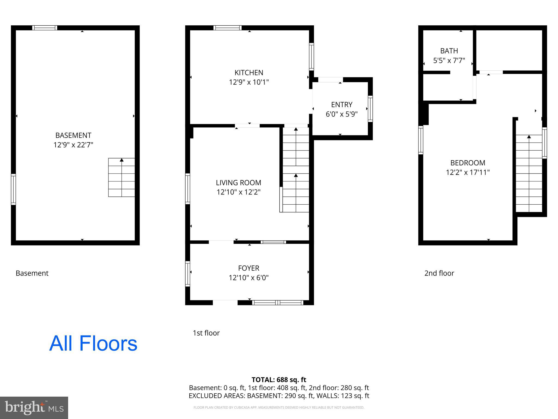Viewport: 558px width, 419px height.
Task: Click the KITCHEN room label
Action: click(x=249, y=73)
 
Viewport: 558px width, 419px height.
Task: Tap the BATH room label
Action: click(x=449, y=51)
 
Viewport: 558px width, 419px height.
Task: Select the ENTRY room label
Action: click(x=342, y=104)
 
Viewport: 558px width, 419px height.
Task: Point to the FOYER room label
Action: click(x=248, y=268)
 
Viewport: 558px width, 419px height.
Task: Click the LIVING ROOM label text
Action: click(x=238, y=182)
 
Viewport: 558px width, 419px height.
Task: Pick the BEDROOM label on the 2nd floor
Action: click(x=468, y=163)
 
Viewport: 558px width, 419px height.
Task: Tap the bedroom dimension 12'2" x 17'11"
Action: click(x=468, y=172)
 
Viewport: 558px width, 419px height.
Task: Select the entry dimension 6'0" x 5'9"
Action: click(x=342, y=114)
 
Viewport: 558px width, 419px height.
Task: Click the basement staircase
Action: click(x=122, y=177)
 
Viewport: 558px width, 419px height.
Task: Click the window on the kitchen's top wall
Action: click(x=228, y=28)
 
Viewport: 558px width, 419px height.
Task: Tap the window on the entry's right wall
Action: click(x=370, y=109)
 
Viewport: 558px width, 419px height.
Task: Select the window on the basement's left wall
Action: click(x=13, y=189)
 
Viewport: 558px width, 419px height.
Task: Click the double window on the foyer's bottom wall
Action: click(x=277, y=303)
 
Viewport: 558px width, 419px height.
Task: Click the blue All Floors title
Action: click(x=93, y=343)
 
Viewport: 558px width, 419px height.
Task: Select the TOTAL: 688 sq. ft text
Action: click(x=279, y=380)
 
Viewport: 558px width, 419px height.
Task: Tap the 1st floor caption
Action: click(x=206, y=333)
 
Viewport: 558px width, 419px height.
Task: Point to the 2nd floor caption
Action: click(x=439, y=273)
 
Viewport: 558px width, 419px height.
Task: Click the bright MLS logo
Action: click(x=34, y=408)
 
